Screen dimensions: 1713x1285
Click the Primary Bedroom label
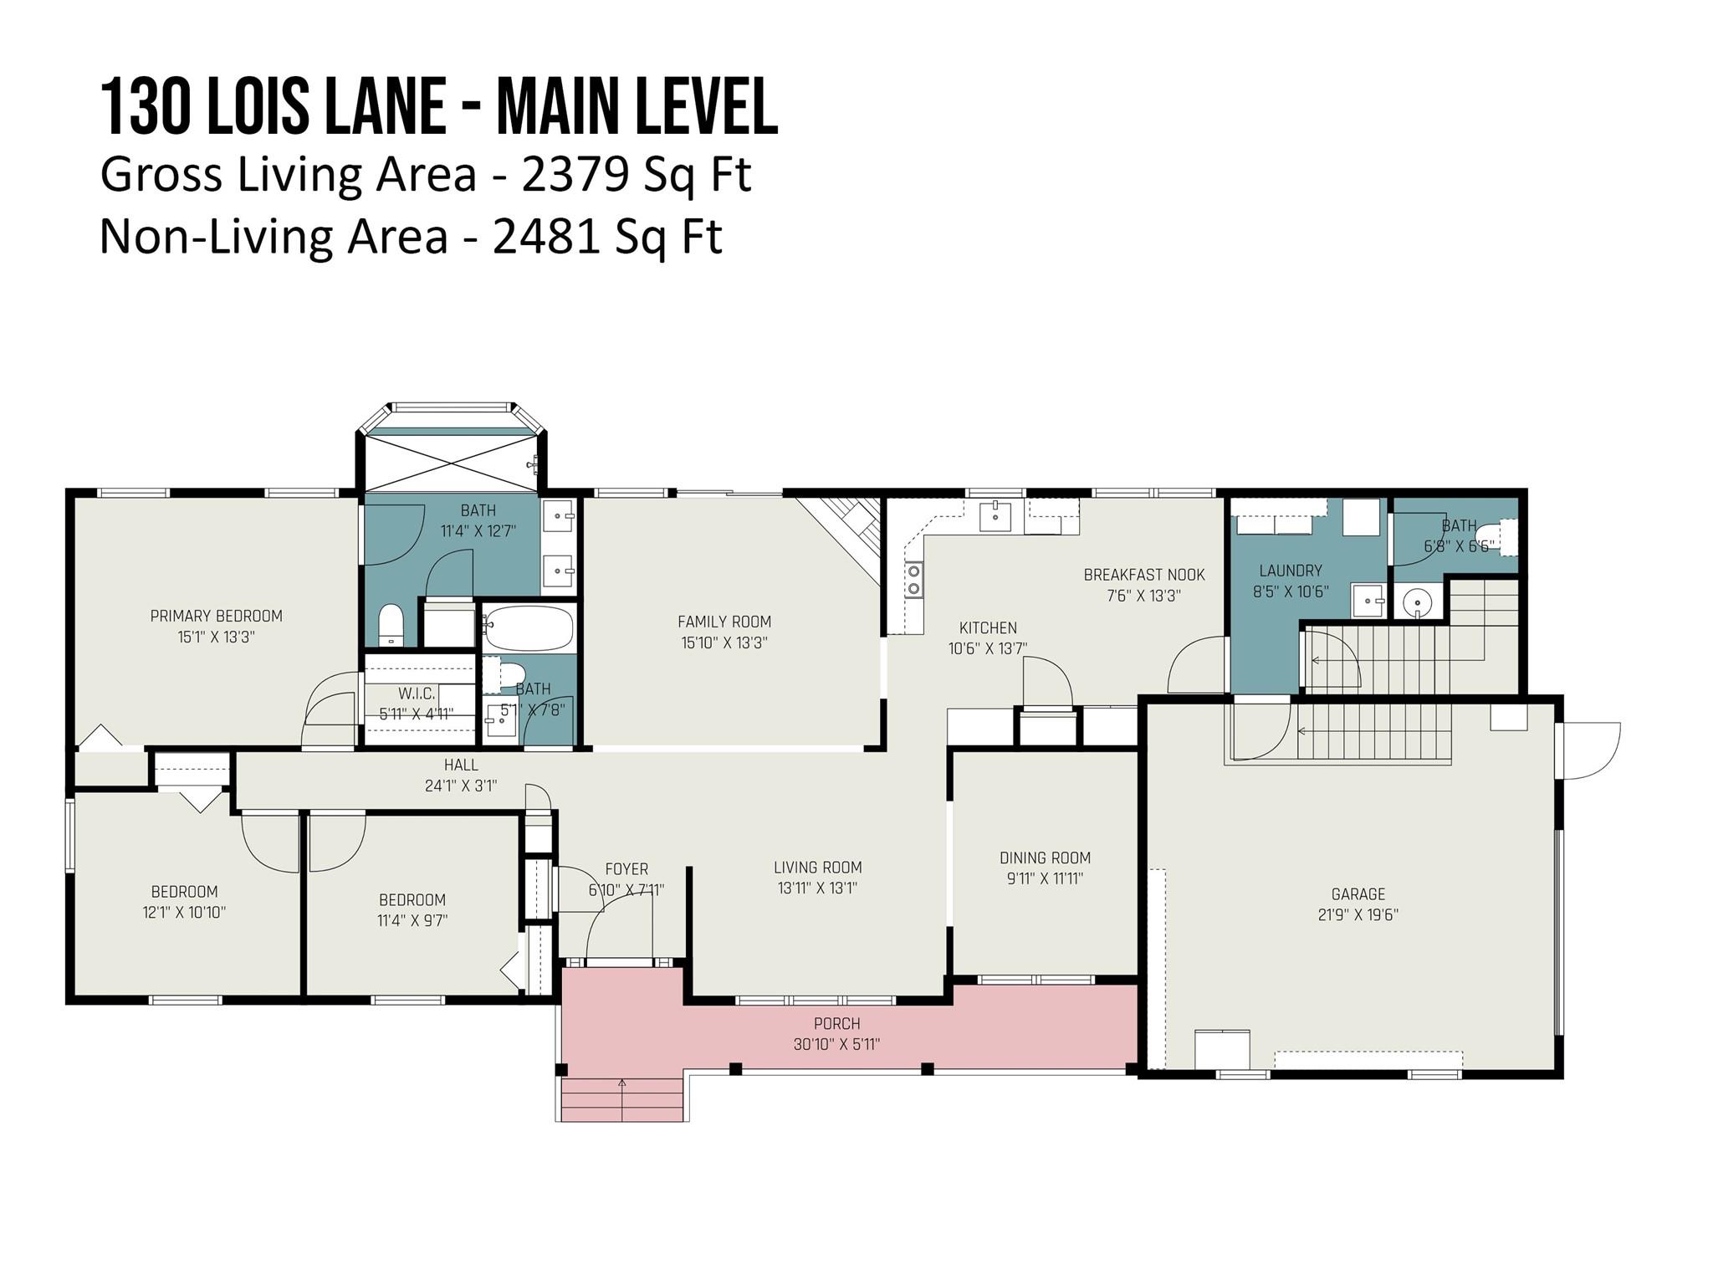pos(217,616)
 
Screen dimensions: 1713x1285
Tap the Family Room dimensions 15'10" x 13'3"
pos(724,642)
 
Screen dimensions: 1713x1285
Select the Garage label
pos(1358,893)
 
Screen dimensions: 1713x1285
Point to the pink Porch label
pos(837,1023)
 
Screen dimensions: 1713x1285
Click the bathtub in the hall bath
pos(529,629)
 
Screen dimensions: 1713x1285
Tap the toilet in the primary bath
pos(391,625)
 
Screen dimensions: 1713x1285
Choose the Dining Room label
pos(1046,858)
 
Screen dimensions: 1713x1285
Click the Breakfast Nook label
pos(1144,575)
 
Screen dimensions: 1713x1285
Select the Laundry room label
pos(1291,571)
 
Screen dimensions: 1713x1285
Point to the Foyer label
pos(626,869)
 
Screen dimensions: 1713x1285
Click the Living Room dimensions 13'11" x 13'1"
pos(817,888)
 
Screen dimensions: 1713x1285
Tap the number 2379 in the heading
pos(575,174)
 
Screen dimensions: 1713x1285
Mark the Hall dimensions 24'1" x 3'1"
pos(461,786)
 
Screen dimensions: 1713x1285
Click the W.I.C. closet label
pos(417,694)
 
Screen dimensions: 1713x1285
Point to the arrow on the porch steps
pos(621,1099)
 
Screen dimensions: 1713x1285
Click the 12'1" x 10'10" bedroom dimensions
pos(184,912)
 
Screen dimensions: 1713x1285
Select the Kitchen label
pos(988,627)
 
